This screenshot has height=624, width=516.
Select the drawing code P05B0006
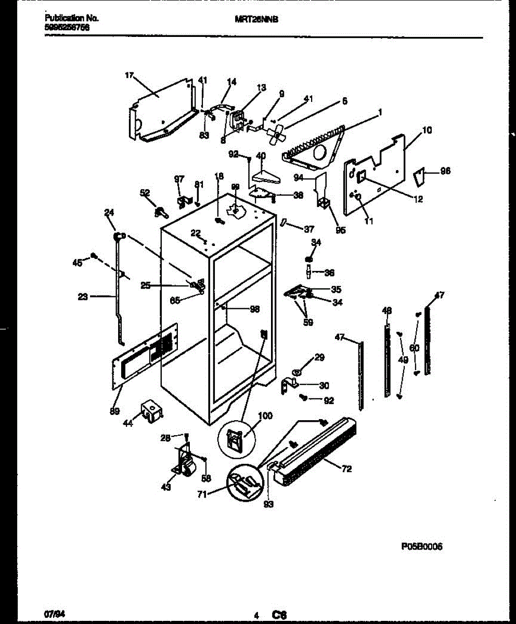tap(421, 547)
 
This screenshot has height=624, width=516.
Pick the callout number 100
tap(265, 416)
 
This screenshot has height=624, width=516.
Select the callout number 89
tap(114, 411)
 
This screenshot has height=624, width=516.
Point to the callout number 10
tap(427, 130)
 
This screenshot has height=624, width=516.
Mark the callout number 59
tap(308, 322)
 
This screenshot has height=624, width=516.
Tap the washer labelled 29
tap(297, 372)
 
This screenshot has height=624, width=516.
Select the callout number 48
tap(386, 310)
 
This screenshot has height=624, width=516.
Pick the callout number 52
tap(145, 193)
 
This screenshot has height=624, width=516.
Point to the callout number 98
tap(254, 309)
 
